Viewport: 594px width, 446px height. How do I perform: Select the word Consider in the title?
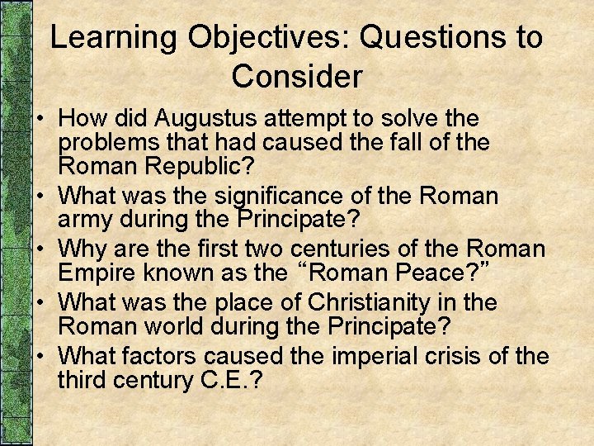(x=297, y=77)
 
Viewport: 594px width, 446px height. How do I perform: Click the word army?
(x=86, y=220)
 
